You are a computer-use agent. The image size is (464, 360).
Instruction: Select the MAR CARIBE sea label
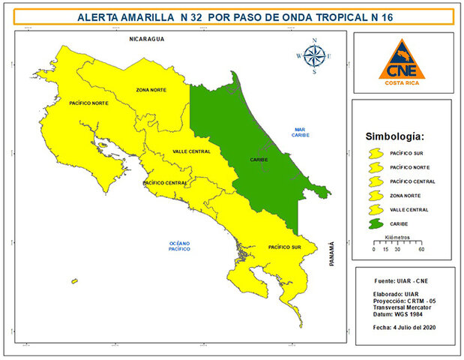[303, 132]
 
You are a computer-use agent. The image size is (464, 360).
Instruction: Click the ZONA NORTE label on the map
[151, 89]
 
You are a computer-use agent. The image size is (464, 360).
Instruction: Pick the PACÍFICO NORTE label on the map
[88, 102]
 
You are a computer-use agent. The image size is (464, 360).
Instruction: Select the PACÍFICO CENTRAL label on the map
[164, 182]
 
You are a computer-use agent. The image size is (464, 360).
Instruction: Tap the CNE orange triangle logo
[403, 62]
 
